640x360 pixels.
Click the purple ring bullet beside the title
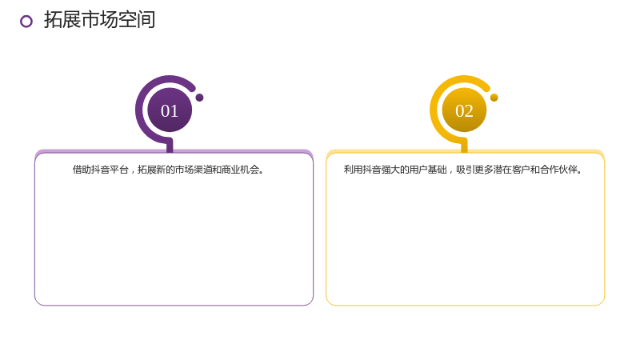(x=26, y=22)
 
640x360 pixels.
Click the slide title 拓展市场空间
(x=99, y=19)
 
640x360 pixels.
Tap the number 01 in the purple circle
(x=170, y=111)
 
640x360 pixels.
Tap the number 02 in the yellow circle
(x=464, y=111)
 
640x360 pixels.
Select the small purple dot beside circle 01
(x=199, y=98)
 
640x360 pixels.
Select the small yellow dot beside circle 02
(x=494, y=98)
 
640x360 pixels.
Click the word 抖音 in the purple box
(x=101, y=170)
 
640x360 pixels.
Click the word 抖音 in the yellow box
(x=371, y=170)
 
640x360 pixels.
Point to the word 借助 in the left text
(x=82, y=170)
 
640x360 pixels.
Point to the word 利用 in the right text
(x=353, y=170)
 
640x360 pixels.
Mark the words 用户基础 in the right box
(x=427, y=170)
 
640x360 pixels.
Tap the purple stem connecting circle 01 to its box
(x=170, y=146)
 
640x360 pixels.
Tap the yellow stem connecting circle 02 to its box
(x=464, y=146)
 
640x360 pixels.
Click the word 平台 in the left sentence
(x=119, y=170)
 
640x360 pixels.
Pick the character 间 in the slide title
(x=146, y=19)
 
